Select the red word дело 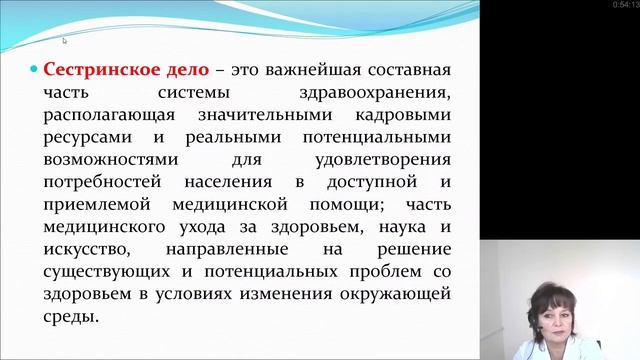click(183, 72)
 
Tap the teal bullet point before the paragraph click(33, 73)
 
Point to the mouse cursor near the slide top click(64, 41)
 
